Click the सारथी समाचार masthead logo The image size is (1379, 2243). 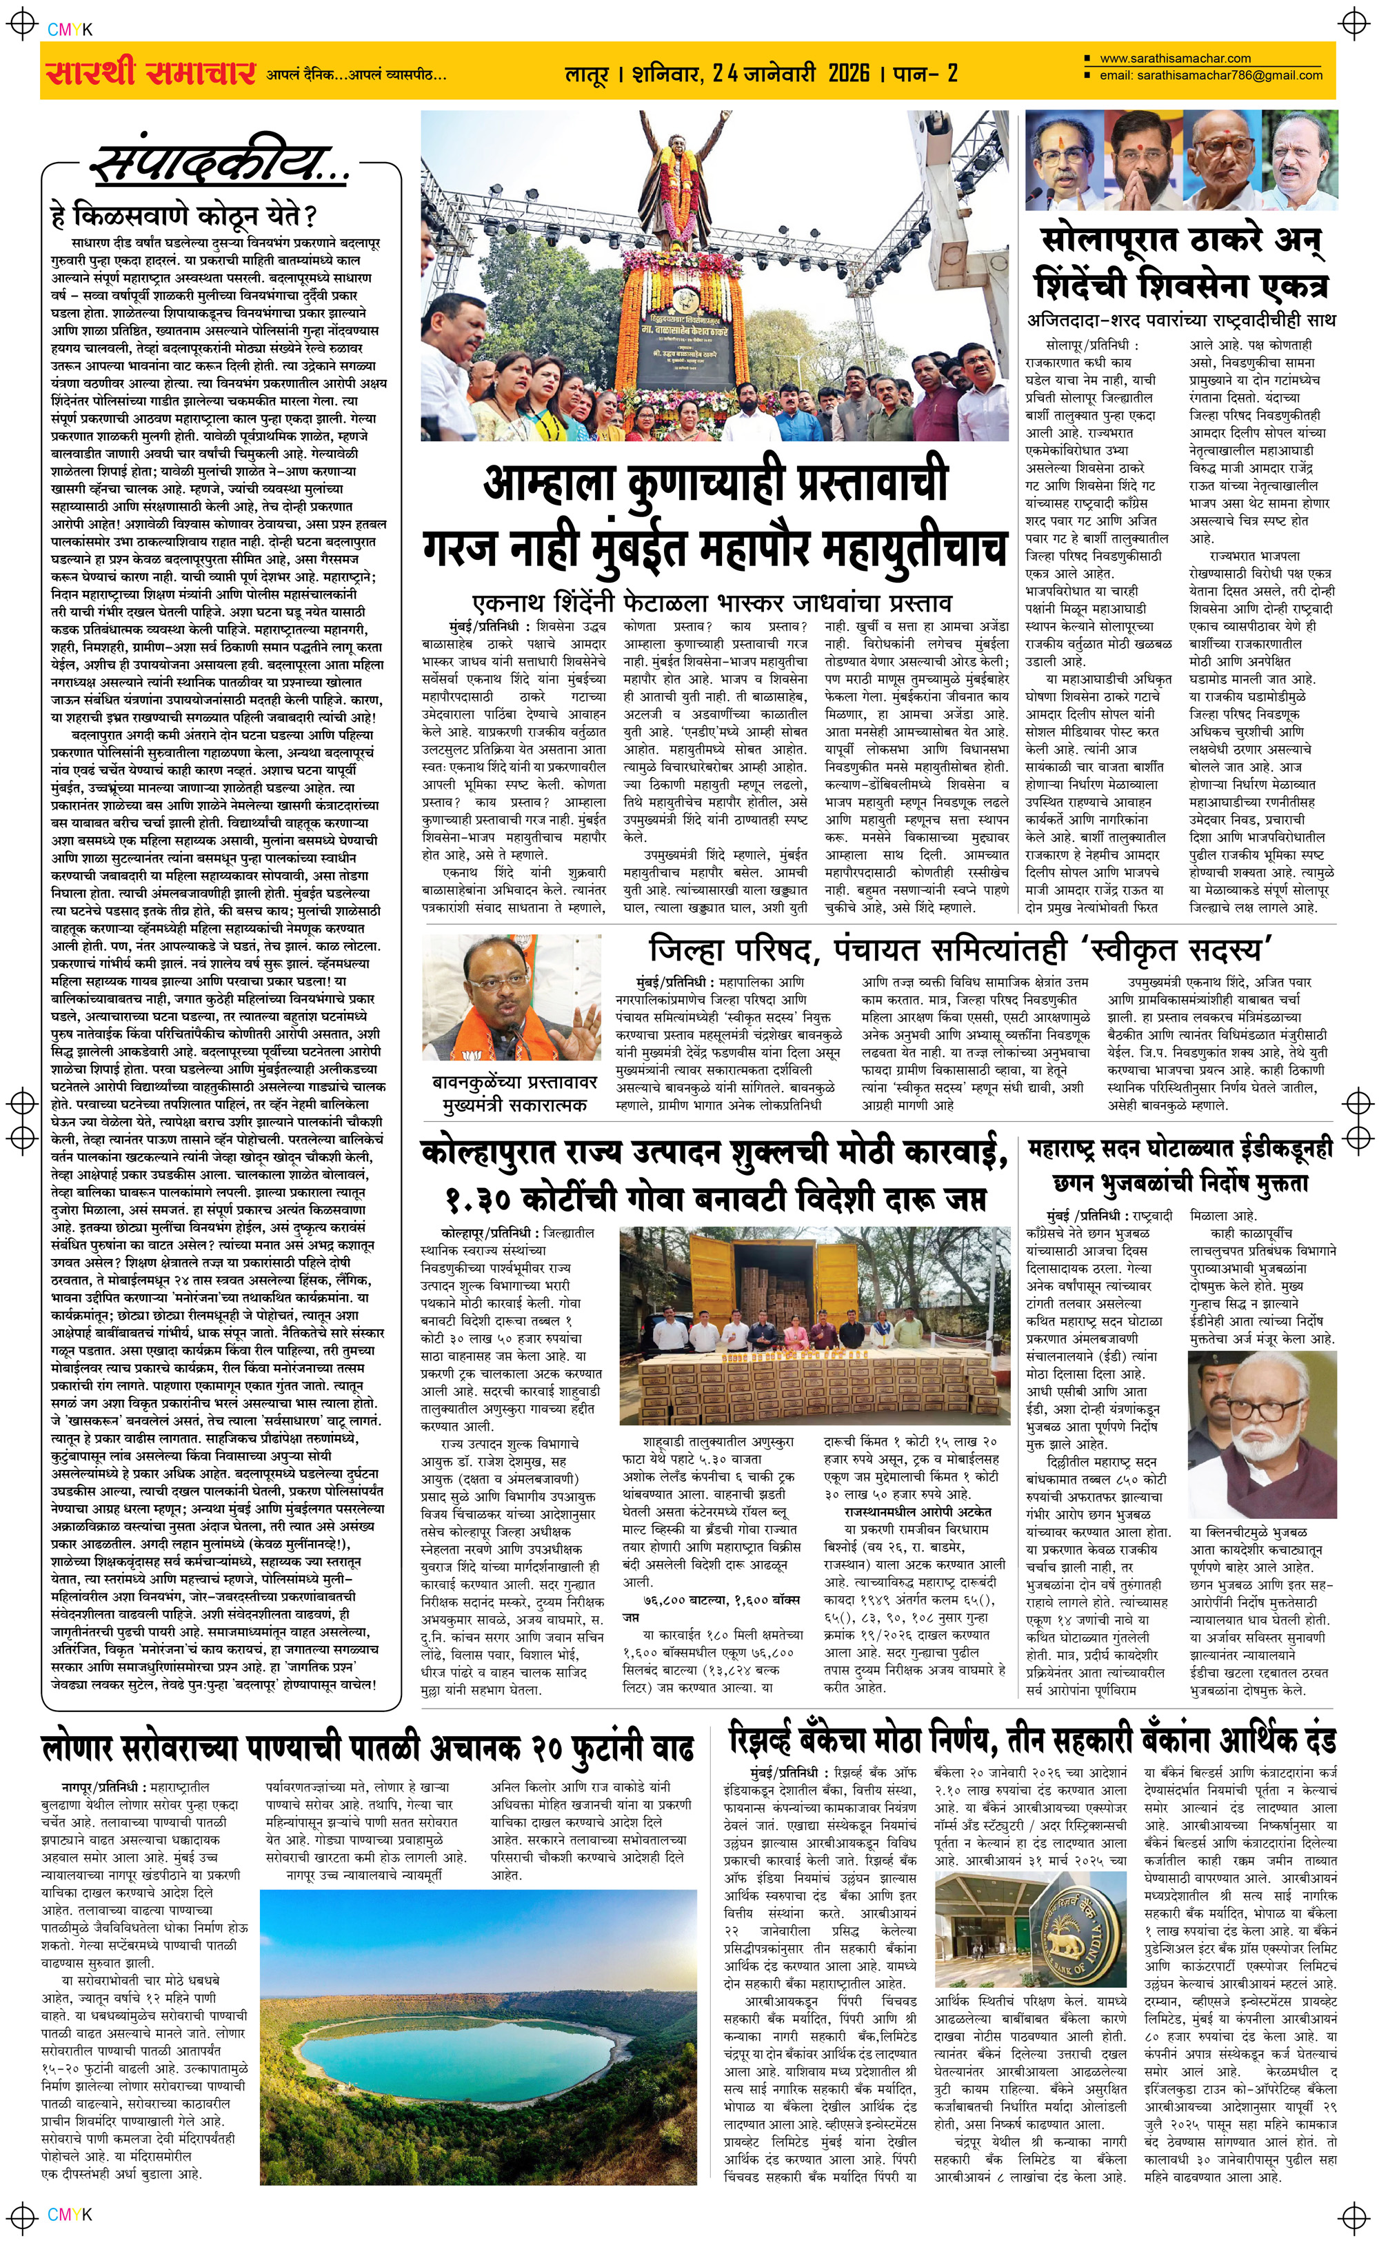click(150, 72)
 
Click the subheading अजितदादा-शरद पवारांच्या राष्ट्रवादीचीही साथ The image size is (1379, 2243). click(1181, 320)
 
